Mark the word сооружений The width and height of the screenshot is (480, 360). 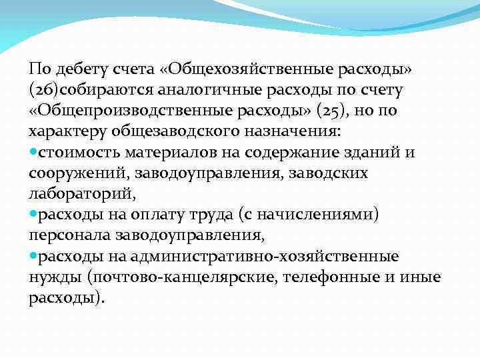click(79, 173)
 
